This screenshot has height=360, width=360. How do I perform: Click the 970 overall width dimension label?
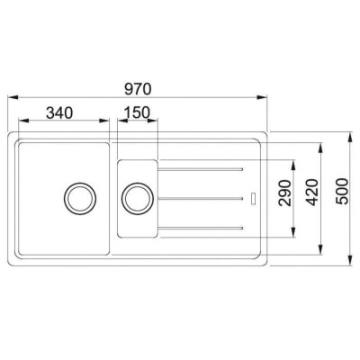(x=138, y=89)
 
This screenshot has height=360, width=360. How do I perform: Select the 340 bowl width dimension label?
(x=59, y=113)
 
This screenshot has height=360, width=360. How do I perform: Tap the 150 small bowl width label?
(x=137, y=112)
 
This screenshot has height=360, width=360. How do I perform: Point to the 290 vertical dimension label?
(x=284, y=193)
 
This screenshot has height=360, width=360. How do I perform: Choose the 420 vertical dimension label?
(x=313, y=193)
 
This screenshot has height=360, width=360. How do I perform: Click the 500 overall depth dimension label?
(x=342, y=192)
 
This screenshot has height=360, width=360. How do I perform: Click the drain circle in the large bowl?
(x=80, y=198)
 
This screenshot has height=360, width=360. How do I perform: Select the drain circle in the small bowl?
(x=138, y=198)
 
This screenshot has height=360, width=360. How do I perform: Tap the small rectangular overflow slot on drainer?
(x=254, y=198)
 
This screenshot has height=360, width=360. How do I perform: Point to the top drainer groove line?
(x=200, y=170)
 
